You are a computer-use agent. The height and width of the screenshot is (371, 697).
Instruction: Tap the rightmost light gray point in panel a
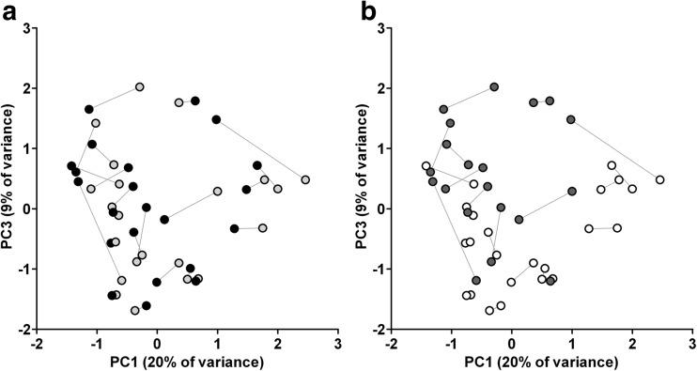(305, 179)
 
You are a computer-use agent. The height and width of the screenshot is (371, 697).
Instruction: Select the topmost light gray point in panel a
(139, 87)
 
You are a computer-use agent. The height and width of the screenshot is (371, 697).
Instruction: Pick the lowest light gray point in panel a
(135, 310)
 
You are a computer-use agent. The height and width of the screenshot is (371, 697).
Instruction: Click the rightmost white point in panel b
(659, 179)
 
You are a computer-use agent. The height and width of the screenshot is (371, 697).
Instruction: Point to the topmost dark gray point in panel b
(494, 87)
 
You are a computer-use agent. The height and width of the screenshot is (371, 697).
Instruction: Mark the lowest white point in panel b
(489, 310)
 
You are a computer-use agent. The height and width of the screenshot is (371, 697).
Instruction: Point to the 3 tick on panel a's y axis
(25, 28)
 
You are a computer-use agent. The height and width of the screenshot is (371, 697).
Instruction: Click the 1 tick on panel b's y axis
(381, 148)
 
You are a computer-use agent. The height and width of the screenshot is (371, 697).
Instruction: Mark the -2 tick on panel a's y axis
(23, 329)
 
